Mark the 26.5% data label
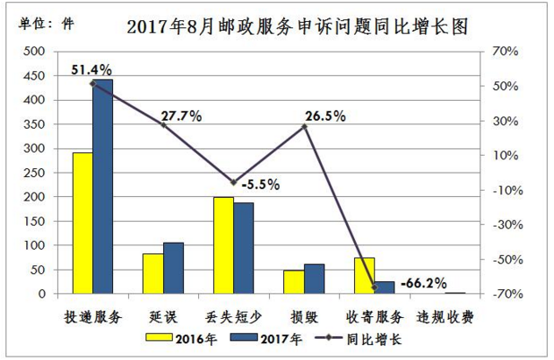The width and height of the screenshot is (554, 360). [x=324, y=115]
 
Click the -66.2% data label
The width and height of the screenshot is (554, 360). [x=422, y=284]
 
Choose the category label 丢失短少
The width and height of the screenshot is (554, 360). [x=232, y=315]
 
